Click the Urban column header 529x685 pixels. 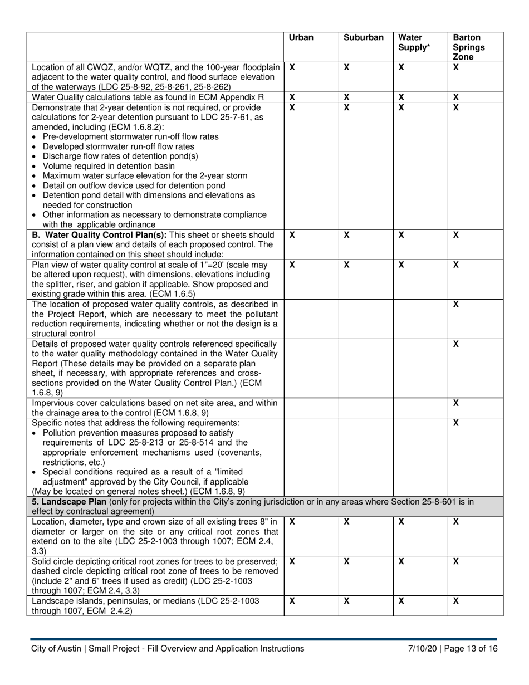click(301, 38)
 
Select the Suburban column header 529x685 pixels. click(363, 38)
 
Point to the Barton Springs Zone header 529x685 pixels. click(468, 47)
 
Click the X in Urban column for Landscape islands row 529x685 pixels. click(292, 601)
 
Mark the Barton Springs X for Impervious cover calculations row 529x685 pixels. click(456, 403)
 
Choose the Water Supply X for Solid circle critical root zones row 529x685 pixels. click(401, 562)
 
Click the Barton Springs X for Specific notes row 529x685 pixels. click(456, 423)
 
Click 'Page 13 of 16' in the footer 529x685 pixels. click(472, 648)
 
